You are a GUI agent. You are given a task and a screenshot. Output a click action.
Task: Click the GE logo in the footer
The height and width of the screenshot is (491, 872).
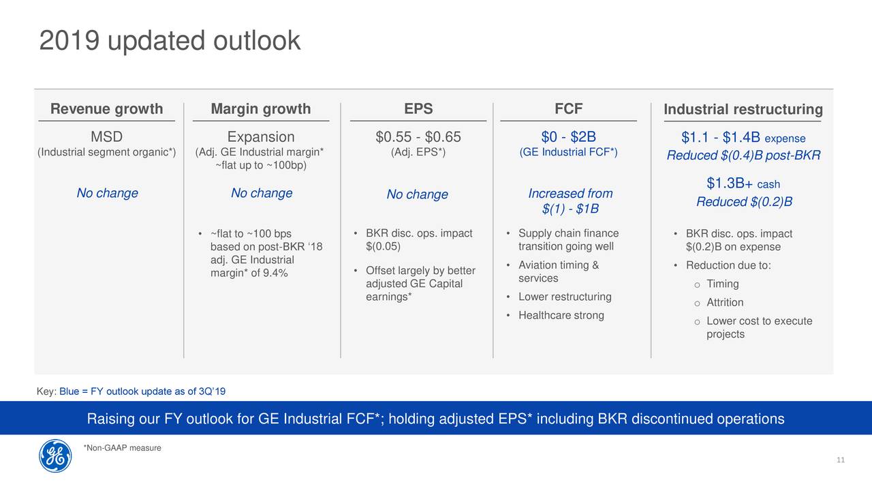[x=55, y=456]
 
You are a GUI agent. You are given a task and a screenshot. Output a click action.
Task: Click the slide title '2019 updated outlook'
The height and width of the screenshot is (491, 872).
[x=170, y=40]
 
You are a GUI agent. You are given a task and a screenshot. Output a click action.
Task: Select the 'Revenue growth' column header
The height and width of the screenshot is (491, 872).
[x=107, y=108]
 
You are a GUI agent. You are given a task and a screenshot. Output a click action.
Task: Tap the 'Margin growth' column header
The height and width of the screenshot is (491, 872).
[x=261, y=108]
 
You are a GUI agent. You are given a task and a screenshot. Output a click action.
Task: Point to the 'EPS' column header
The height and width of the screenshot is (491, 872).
[x=418, y=108]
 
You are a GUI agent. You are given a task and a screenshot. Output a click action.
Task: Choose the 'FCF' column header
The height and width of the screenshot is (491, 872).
[x=569, y=108]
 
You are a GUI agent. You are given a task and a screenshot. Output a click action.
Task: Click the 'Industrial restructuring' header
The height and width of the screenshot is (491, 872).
[x=743, y=109]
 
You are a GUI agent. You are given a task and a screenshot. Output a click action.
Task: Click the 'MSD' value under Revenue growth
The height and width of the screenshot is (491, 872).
[x=107, y=137]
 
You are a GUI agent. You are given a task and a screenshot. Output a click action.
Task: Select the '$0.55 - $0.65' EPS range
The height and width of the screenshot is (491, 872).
[x=418, y=137]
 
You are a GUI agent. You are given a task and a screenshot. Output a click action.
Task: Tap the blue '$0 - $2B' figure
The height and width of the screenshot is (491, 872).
[x=569, y=137]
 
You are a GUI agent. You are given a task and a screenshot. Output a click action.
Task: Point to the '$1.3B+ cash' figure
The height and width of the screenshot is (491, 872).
[x=743, y=183]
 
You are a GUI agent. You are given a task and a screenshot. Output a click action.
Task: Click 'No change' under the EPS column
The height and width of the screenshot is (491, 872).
[x=418, y=194]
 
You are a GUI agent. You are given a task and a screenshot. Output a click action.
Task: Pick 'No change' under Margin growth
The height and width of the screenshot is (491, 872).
[x=262, y=193]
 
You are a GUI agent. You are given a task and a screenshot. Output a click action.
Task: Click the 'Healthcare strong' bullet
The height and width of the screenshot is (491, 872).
[x=561, y=315]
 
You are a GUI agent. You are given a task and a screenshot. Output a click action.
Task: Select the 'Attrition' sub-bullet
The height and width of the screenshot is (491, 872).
[x=725, y=302]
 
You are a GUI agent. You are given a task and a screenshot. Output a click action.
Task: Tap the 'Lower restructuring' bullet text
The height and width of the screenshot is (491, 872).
[x=565, y=297]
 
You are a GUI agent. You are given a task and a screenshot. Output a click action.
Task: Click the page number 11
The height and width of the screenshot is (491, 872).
[x=841, y=460]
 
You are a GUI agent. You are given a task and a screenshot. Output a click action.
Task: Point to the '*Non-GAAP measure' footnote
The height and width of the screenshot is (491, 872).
[x=122, y=448]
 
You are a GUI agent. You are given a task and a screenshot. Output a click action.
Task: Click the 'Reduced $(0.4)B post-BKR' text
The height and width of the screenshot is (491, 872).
[x=743, y=155]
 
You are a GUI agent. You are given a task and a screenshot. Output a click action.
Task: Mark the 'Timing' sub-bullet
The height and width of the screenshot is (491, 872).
[x=723, y=284]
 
